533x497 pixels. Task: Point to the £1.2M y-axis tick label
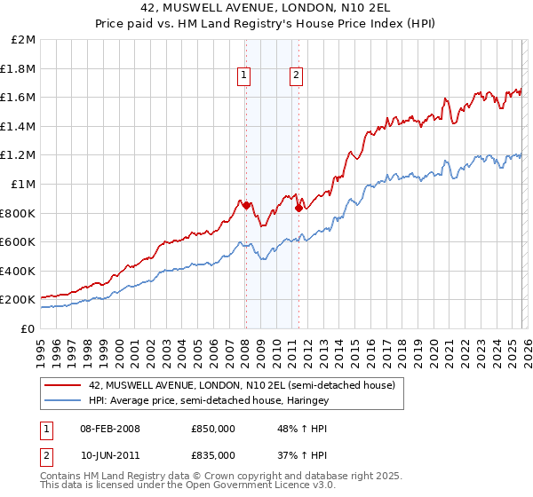[20, 155]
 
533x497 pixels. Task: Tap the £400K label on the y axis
[19, 271]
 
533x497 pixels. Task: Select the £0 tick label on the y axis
[28, 328]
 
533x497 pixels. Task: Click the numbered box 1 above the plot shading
[243, 76]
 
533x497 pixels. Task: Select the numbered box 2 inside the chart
[295, 76]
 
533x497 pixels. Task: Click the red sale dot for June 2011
[298, 209]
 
